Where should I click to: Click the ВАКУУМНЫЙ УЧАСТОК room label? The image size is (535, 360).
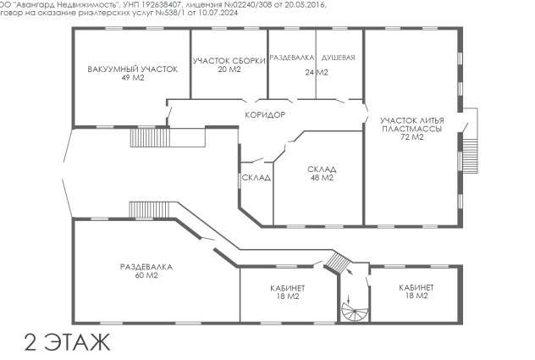[x=133, y=69]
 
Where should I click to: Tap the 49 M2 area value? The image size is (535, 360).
[x=133, y=78]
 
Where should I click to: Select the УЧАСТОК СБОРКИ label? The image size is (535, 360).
[x=229, y=61]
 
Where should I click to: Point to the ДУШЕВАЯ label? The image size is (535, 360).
[x=339, y=58]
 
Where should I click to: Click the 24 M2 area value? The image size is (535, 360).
[x=317, y=72]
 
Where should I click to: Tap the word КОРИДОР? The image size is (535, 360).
[x=265, y=115]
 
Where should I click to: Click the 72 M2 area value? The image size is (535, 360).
[x=411, y=137]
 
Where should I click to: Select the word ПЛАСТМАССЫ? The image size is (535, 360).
[x=411, y=129]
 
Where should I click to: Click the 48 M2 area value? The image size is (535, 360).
[x=322, y=178]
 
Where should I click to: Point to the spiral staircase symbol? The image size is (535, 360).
[x=355, y=312]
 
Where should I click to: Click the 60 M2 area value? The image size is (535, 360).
[x=146, y=275]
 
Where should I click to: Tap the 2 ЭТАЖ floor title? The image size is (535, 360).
[x=67, y=341]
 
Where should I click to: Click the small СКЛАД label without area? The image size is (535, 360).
[x=256, y=178]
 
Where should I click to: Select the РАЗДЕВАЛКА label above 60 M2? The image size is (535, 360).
[x=146, y=267]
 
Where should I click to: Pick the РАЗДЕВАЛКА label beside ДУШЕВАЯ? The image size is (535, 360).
[x=292, y=58]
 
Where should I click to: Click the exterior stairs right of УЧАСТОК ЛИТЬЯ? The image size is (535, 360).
[x=470, y=156]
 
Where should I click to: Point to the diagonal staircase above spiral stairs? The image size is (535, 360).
[x=338, y=263]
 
